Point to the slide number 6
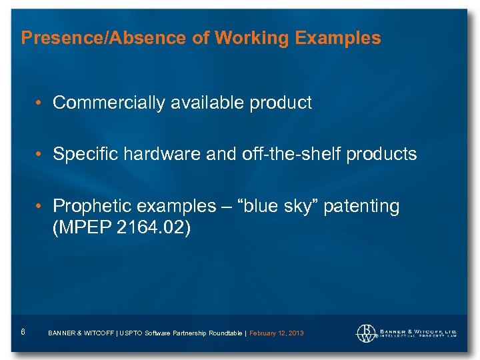point(23,331)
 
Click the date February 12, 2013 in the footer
point(276,333)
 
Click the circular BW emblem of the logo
point(366,333)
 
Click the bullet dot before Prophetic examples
point(41,207)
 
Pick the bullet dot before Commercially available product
point(41,103)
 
